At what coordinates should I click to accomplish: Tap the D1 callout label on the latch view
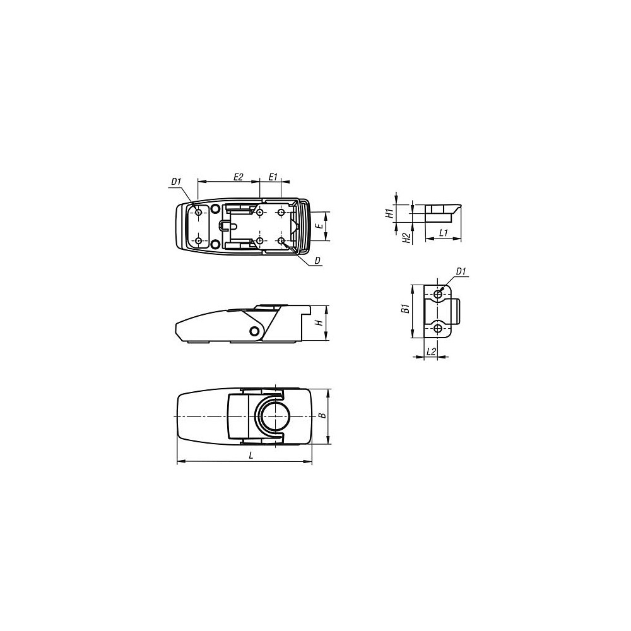(176, 182)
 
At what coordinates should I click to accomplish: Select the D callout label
(317, 261)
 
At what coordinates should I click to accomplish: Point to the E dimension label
(320, 226)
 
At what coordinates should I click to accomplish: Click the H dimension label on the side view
(320, 322)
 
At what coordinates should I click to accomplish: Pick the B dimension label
(322, 416)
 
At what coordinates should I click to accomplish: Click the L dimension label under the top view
(251, 455)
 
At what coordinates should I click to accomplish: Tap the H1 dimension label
(389, 213)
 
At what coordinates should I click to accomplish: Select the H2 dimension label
(407, 238)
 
